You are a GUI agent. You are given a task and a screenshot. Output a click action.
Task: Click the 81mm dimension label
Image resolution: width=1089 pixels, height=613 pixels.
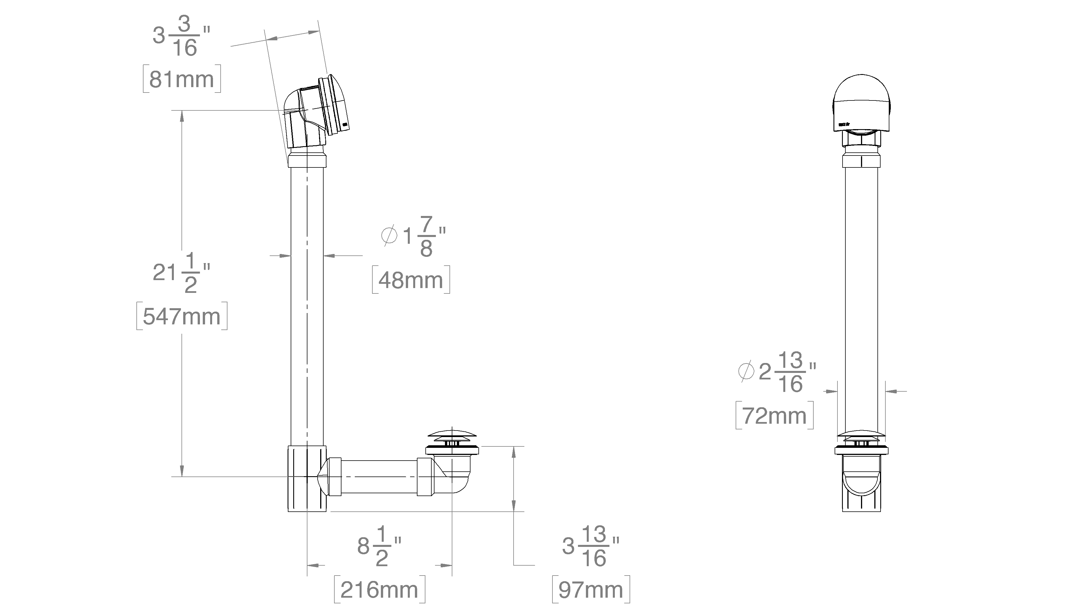[182, 79]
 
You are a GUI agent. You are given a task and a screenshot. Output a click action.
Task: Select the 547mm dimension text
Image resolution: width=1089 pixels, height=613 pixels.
[182, 316]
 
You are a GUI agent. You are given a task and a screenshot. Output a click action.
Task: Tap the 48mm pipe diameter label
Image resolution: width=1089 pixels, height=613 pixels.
[410, 280]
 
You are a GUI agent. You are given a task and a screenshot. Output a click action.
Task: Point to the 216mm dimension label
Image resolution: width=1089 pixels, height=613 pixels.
[379, 590]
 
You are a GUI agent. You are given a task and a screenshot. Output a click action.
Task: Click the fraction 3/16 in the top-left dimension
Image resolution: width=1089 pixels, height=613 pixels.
[184, 37]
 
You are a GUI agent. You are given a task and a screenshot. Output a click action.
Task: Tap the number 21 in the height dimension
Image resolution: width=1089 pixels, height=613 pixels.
[164, 273]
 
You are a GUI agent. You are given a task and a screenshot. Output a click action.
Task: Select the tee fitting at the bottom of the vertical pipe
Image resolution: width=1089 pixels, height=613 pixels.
[307, 478]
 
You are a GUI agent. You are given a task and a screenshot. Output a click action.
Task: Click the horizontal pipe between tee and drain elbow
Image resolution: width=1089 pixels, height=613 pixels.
[378, 477]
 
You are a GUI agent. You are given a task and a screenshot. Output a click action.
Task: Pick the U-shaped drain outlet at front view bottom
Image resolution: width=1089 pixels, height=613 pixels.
[861, 486]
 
